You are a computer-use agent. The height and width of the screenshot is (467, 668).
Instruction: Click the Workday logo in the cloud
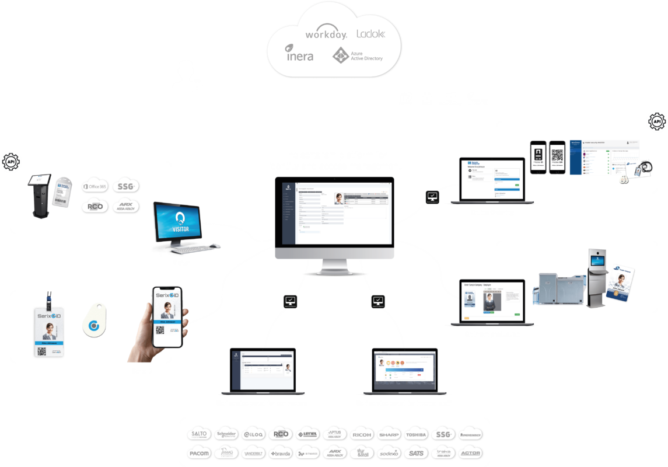(x=326, y=34)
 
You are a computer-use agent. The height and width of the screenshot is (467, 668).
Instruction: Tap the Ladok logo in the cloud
(x=370, y=34)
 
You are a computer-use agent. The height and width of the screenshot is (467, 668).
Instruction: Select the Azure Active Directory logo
(x=357, y=56)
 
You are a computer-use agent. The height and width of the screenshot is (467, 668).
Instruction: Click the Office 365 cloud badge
(x=94, y=186)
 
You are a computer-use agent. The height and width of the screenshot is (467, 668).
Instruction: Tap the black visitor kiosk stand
(x=40, y=199)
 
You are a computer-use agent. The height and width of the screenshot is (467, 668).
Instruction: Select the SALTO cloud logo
(x=199, y=434)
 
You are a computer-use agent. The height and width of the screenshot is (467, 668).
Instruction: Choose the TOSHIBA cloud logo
(x=417, y=434)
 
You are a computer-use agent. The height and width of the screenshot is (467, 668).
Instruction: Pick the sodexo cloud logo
(x=389, y=453)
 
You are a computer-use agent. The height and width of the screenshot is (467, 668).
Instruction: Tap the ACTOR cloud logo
(x=470, y=453)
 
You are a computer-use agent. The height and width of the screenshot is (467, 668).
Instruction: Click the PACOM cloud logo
(x=199, y=453)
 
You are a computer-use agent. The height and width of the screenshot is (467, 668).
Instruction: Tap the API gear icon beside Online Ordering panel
(x=656, y=122)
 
